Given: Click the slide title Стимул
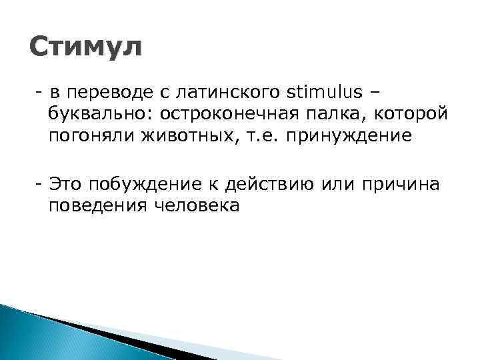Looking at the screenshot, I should pyautogui.click(x=86, y=48).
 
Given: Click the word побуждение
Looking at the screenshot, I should pyautogui.click(x=148, y=184).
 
